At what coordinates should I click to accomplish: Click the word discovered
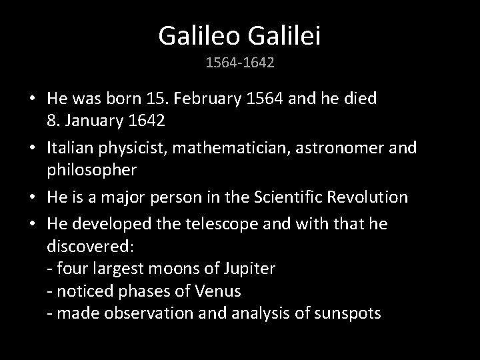pyautogui.click(x=89, y=246)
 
